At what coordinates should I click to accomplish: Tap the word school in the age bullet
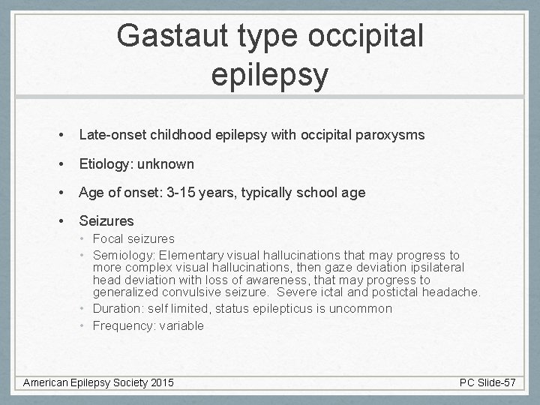307,192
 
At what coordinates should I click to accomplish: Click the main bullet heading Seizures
106,220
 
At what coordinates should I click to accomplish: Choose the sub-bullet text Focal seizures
133,238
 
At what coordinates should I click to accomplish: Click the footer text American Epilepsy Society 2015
98,382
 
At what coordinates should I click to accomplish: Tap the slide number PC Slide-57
488,382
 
